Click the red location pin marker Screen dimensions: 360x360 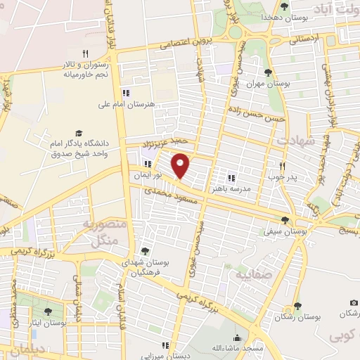coord(181,165)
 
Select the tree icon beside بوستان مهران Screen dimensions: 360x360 coord(267,72)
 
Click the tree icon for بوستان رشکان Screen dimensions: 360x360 coord(297,306)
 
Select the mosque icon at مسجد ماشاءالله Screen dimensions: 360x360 coord(237,337)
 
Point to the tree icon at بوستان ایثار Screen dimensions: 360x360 coord(48,311)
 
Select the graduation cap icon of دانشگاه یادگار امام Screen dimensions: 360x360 coord(79,133)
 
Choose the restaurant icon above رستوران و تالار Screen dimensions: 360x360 coord(85,53)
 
